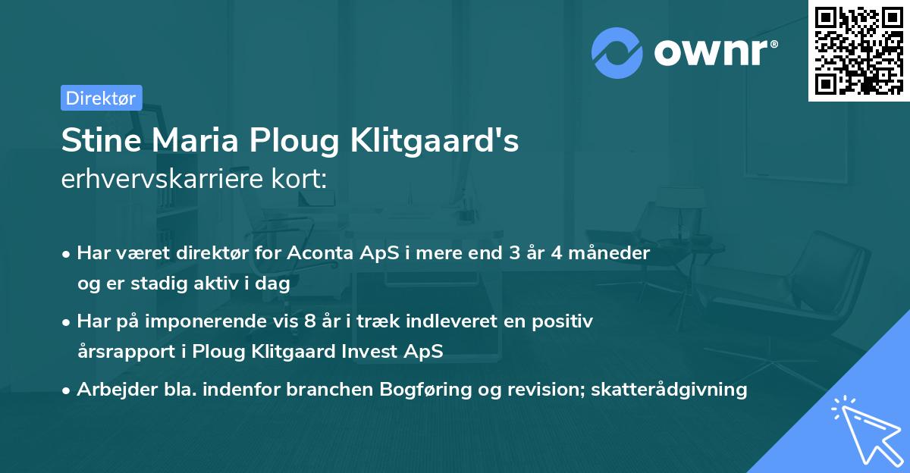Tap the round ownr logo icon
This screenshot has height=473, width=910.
tap(617, 53)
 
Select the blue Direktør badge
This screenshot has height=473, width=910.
tap(101, 98)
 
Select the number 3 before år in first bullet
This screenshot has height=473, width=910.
tap(516, 253)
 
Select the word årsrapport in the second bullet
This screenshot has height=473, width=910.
tap(121, 351)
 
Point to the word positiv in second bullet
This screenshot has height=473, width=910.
tap(564, 321)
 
